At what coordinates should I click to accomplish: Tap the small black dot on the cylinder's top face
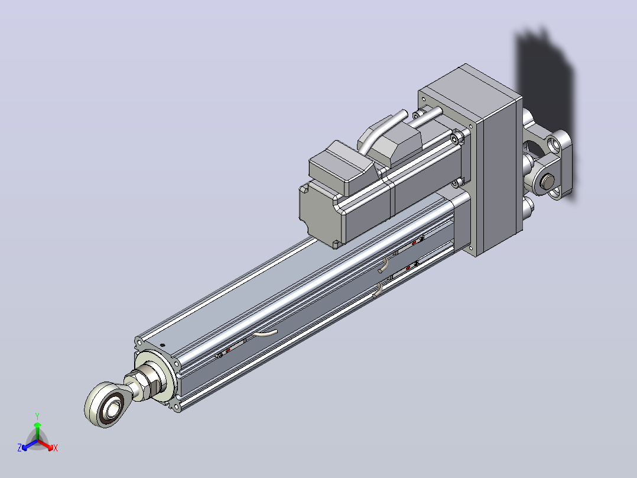pos(163,345)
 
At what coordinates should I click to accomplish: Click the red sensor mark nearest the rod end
pos(227,350)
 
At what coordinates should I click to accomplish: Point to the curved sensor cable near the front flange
pos(265,334)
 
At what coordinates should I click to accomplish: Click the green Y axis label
pos(37,416)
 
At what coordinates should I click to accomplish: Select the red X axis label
pos(56,448)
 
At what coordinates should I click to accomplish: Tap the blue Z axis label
pos(19,448)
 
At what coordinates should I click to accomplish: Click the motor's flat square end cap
pos(321,215)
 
